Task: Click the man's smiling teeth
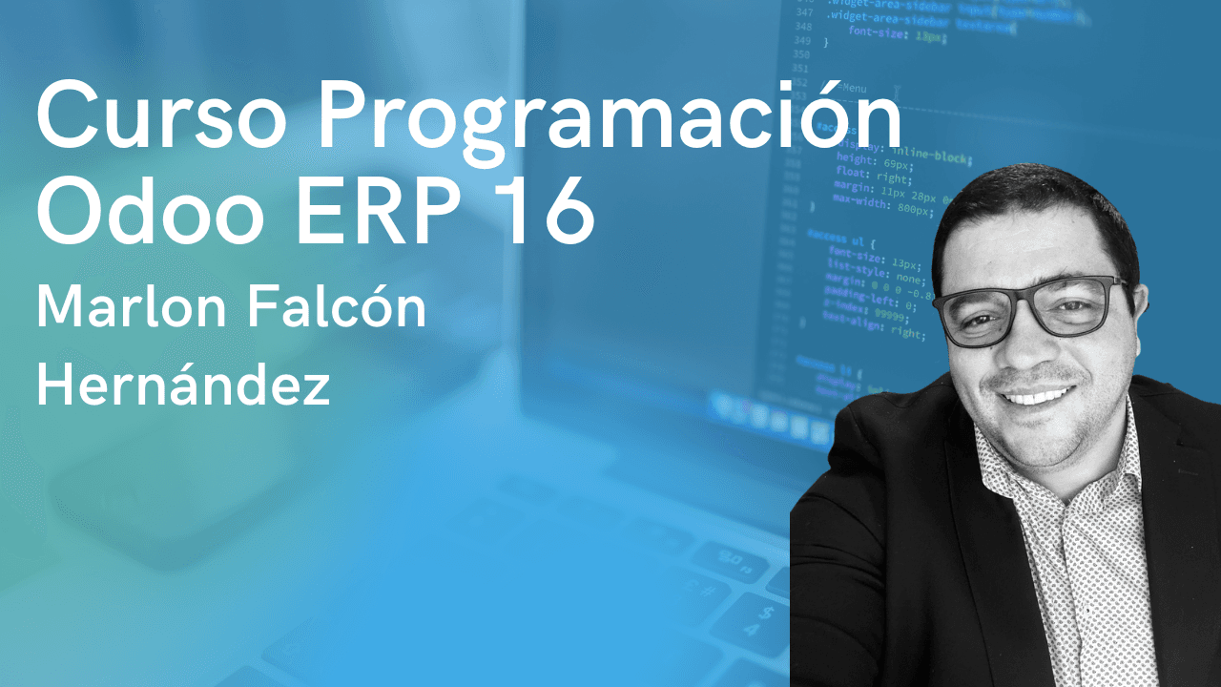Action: (1038, 393)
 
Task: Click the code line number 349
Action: (801, 42)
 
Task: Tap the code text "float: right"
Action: (874, 178)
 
